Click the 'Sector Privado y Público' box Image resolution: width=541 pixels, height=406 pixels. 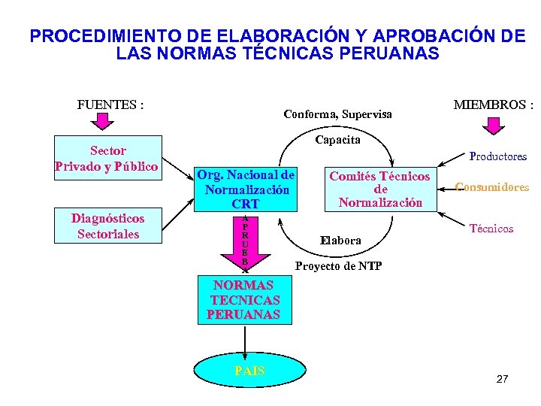(108, 159)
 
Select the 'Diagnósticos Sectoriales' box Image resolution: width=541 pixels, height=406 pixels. (108, 226)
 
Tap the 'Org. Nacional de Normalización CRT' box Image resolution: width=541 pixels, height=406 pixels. (246, 189)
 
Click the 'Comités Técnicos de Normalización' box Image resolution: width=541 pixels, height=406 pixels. (380, 189)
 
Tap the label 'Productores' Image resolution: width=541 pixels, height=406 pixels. (498, 156)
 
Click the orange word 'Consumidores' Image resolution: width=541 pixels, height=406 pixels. (492, 187)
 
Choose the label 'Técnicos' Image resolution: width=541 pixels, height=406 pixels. (491, 229)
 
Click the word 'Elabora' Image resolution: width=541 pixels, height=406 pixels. (340, 241)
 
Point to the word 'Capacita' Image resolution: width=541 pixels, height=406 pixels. (338, 140)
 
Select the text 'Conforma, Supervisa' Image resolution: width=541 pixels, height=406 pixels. (337, 114)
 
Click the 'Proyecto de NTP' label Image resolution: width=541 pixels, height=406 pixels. (338, 266)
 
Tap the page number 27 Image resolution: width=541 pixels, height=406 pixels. (503, 379)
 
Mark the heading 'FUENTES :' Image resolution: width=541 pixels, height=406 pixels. (110, 105)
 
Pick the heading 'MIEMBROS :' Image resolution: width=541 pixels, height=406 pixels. (493, 105)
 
